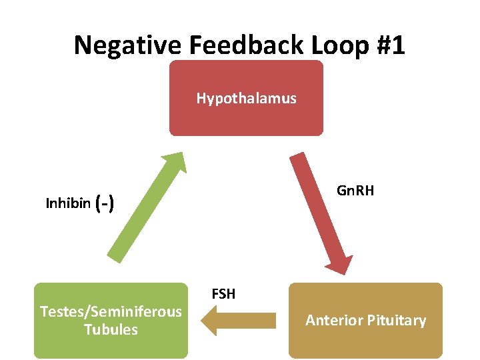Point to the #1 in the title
pyautogui.click(x=389, y=45)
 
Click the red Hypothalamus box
pyautogui.click(x=246, y=117)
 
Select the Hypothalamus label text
pyautogui.click(x=246, y=99)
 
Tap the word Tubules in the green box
pyautogui.click(x=111, y=329)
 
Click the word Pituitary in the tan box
pyautogui.click(x=397, y=321)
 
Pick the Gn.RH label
pyautogui.click(x=355, y=191)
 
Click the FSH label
pyautogui.click(x=223, y=293)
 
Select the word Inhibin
pyautogui.click(x=68, y=203)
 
